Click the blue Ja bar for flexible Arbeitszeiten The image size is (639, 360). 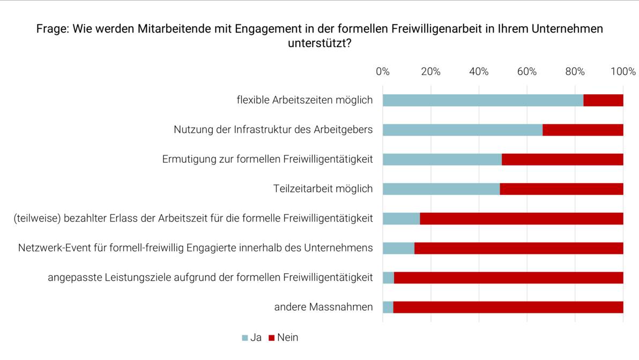(x=482, y=100)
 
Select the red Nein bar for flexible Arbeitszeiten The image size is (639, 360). (x=603, y=100)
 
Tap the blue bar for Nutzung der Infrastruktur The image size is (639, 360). (x=462, y=130)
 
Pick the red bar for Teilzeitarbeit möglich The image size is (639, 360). (x=561, y=189)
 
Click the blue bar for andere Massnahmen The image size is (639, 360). (x=388, y=307)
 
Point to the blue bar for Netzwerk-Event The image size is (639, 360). (x=398, y=248)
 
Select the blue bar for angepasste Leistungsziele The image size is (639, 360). (x=388, y=277)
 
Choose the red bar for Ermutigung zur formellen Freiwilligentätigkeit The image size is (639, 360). (x=562, y=159)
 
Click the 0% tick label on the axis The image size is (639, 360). (x=383, y=72)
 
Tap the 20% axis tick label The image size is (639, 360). (x=430, y=72)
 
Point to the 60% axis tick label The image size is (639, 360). (x=527, y=72)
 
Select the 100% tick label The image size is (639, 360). (x=623, y=72)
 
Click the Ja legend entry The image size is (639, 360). (x=252, y=337)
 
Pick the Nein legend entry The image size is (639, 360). (x=284, y=337)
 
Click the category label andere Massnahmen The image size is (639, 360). (x=323, y=307)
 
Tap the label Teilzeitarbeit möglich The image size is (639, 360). (x=323, y=189)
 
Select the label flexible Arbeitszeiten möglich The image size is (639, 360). (x=304, y=100)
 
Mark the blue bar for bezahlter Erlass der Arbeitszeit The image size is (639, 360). (x=401, y=218)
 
